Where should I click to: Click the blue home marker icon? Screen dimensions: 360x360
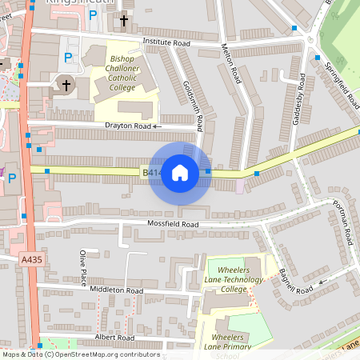click(x=180, y=172)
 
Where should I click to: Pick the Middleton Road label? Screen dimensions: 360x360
click(x=116, y=290)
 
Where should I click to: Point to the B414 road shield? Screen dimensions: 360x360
click(x=152, y=172)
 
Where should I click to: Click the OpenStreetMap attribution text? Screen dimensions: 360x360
click(x=81, y=354)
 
